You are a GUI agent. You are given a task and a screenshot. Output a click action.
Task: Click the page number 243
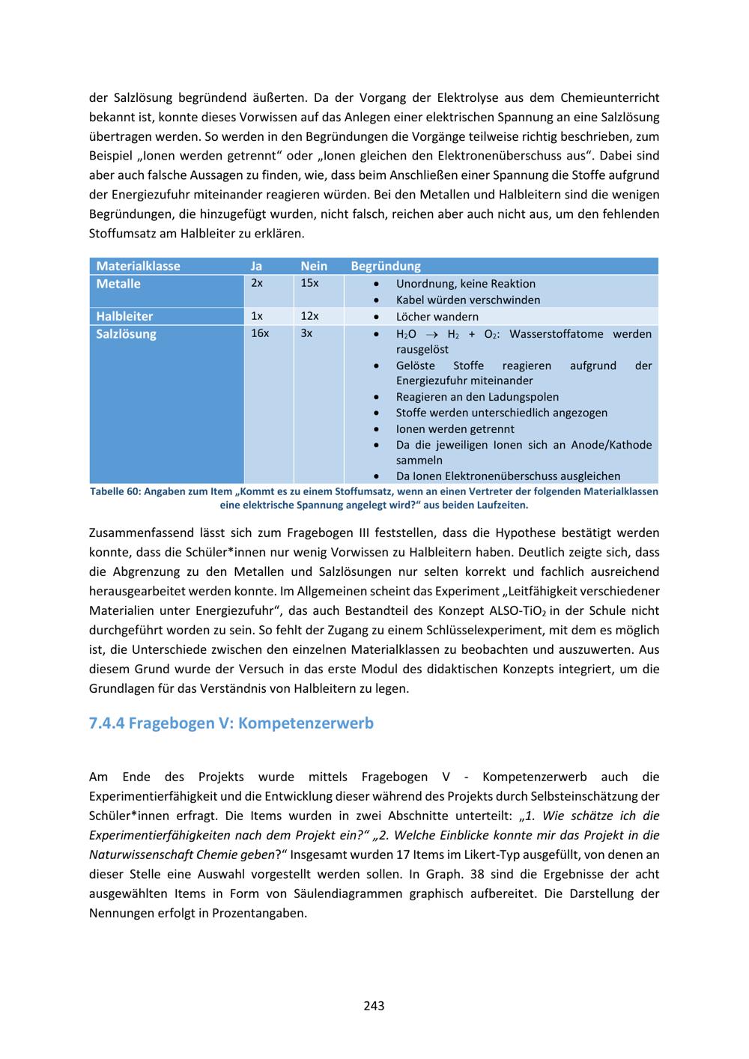(374, 1006)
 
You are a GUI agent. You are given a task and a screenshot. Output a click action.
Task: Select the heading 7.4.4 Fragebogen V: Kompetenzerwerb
(231, 723)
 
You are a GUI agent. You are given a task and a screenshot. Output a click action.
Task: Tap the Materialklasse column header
(138, 266)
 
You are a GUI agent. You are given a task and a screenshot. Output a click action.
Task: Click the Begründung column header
(386, 266)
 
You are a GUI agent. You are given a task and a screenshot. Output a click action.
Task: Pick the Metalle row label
(118, 284)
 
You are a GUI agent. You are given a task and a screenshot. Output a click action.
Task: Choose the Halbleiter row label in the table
(124, 317)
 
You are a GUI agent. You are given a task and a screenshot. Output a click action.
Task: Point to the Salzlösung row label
(126, 334)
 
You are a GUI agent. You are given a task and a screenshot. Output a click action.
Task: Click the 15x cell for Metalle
(309, 283)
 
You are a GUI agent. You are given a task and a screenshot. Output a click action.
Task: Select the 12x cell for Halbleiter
(309, 316)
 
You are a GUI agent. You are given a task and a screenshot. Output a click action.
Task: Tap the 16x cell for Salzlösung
(260, 333)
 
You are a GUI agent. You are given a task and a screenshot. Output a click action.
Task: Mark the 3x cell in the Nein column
(306, 333)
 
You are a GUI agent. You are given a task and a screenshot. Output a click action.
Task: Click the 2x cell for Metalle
(257, 283)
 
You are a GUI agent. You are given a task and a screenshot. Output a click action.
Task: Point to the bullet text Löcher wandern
(437, 317)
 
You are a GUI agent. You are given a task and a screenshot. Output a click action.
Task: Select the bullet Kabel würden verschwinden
(468, 300)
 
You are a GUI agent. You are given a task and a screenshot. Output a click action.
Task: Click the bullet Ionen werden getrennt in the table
(455, 429)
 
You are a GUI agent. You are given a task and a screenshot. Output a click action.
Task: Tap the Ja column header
(256, 266)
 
